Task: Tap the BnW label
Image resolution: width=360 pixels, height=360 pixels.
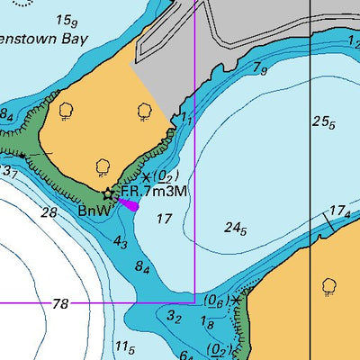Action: [94, 211]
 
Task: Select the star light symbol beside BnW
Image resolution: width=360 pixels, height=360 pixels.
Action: [110, 193]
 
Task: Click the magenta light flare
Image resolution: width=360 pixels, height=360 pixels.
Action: [129, 204]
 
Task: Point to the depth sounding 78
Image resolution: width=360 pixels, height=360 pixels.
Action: [60, 305]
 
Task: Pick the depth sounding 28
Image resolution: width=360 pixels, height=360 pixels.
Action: [49, 212]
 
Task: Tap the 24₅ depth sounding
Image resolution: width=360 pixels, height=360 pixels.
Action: [236, 229]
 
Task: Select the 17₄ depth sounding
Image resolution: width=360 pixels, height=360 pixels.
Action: [339, 212]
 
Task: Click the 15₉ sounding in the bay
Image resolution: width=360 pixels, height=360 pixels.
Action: [66, 20]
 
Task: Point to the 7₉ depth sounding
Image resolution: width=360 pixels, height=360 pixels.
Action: [260, 67]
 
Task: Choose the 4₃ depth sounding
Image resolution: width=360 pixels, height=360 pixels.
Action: [121, 242]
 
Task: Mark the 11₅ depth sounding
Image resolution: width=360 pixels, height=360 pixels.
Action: [124, 346]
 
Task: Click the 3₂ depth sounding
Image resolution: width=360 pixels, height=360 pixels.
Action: [175, 318]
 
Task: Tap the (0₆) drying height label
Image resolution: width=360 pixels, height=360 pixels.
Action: [214, 300]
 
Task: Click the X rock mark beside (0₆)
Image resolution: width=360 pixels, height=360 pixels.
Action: [237, 299]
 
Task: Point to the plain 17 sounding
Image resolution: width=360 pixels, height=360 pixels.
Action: [164, 219]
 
